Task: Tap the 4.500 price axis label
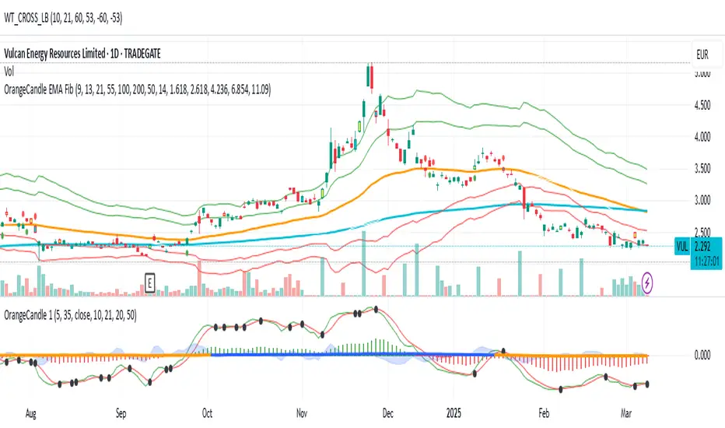702,106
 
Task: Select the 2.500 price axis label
702,232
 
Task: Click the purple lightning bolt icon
647,282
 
